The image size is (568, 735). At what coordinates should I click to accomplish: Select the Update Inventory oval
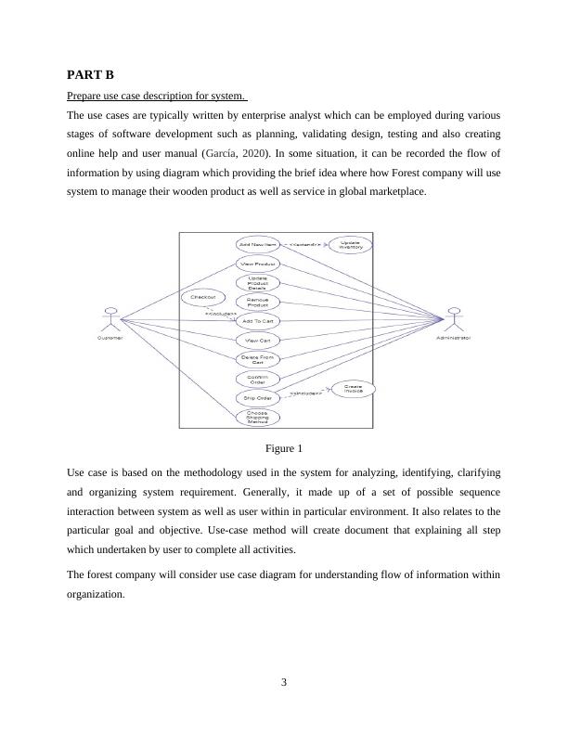tap(350, 245)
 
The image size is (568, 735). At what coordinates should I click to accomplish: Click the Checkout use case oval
tap(203, 297)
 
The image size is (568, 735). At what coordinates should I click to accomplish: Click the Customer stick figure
tap(111, 318)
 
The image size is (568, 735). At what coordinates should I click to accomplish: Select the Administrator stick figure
tap(454, 318)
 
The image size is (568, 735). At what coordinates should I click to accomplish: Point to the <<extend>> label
tap(305, 245)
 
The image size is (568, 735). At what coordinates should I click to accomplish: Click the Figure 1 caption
tap(284, 449)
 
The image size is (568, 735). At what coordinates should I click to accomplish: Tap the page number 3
tap(284, 683)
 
